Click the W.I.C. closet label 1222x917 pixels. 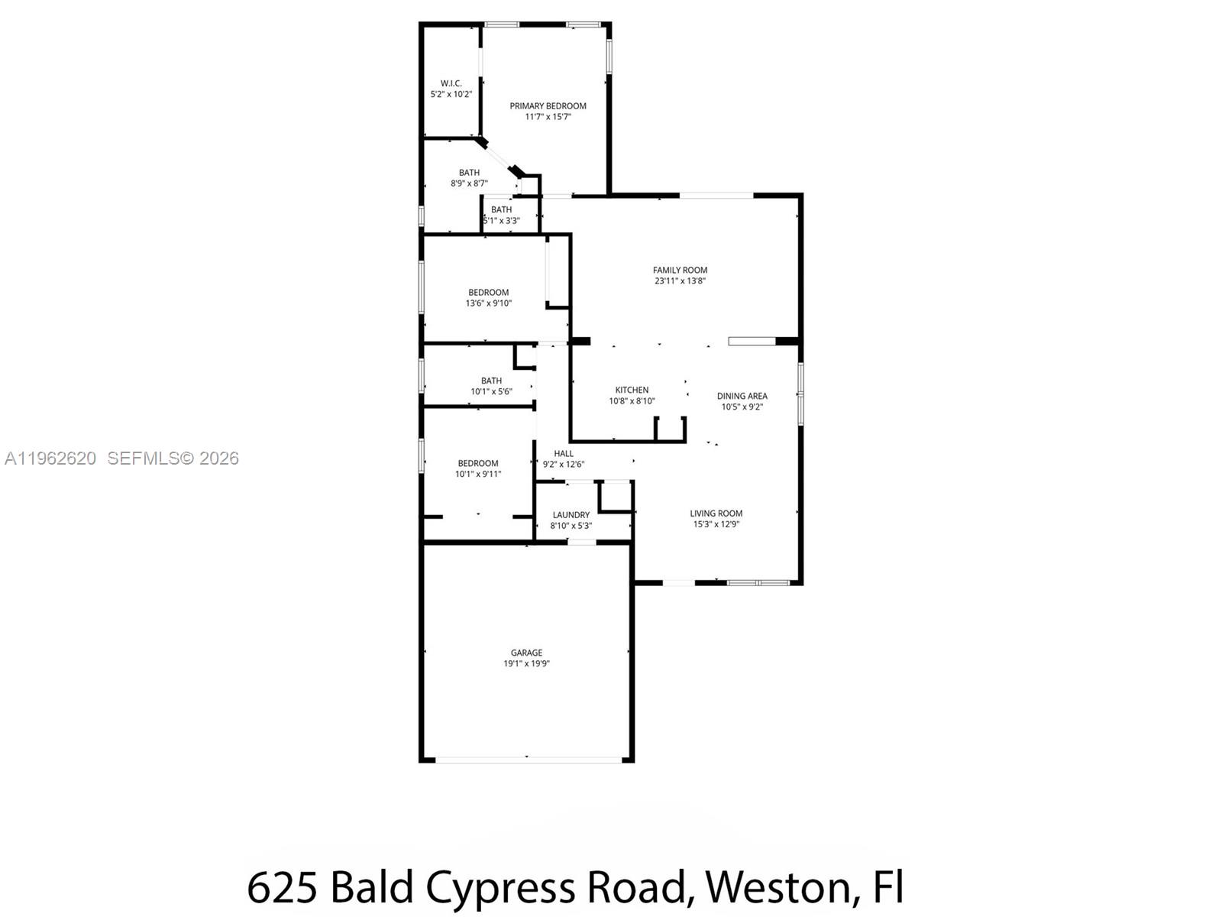tap(451, 83)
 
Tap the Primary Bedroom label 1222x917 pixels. tap(548, 106)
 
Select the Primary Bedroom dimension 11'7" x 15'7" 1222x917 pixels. tap(548, 117)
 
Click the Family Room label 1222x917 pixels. tap(680, 270)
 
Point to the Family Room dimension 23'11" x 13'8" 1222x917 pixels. tap(680, 280)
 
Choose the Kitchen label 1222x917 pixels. tap(632, 390)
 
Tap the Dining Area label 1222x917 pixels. tap(742, 396)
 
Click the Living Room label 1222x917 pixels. tap(716, 514)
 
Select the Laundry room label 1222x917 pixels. tap(571, 515)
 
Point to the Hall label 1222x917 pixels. tap(564, 453)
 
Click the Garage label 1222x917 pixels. tap(526, 653)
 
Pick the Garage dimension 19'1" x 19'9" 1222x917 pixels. tap(526, 663)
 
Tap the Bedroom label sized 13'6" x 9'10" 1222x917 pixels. tap(488, 292)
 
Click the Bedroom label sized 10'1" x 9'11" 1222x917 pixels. tap(477, 463)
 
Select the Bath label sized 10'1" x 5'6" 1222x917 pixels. tap(491, 381)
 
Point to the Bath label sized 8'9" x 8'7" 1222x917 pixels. tap(469, 173)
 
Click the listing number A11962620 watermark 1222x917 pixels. tap(50, 458)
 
